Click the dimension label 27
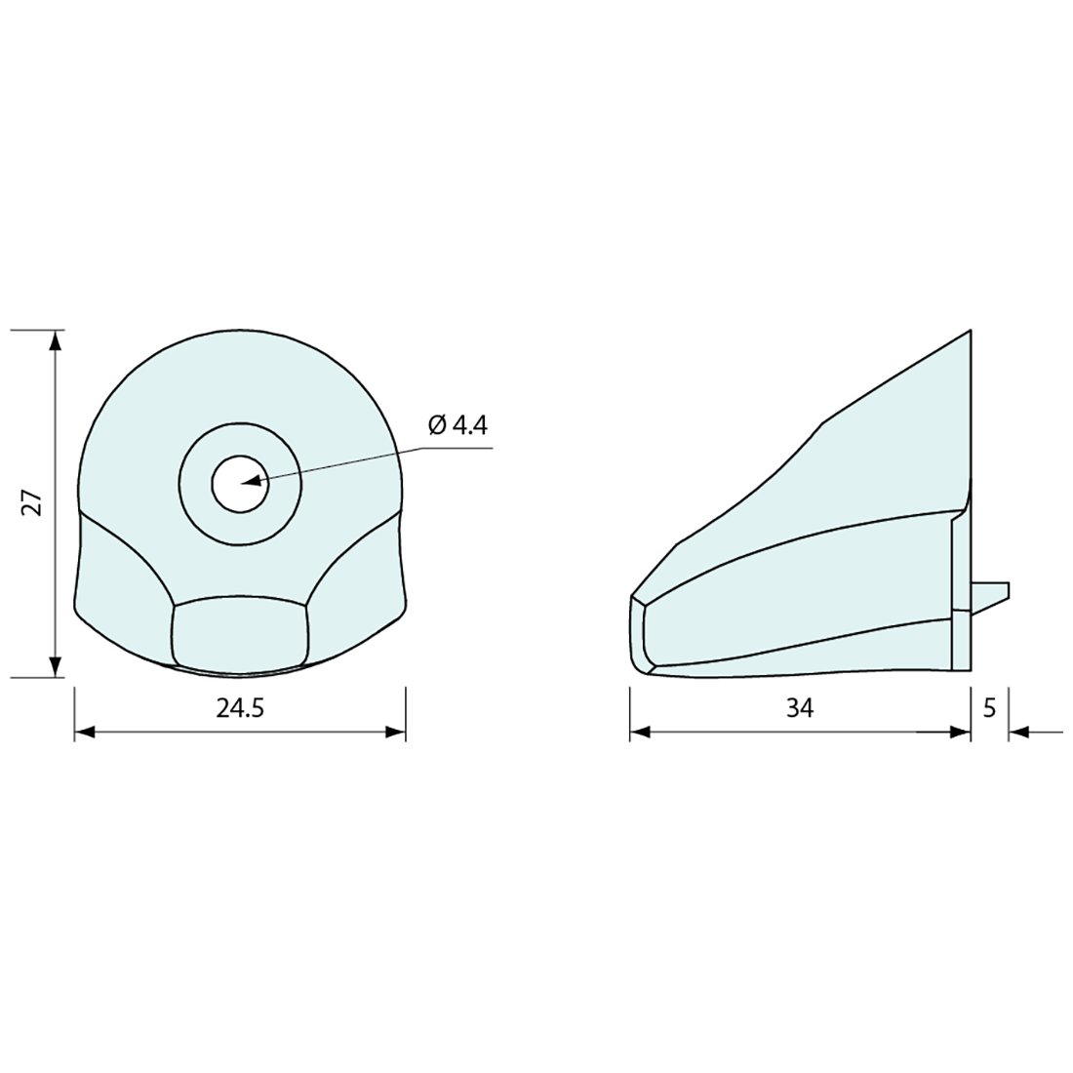point(33,502)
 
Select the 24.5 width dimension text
point(240,709)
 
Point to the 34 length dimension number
point(799,709)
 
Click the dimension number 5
point(989,709)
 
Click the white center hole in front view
point(240,483)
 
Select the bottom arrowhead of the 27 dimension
point(56,666)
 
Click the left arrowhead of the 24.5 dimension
point(85,732)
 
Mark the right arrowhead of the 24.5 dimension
point(395,732)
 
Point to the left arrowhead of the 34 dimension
point(640,732)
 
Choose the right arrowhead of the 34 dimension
point(960,732)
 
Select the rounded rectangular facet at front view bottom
point(240,634)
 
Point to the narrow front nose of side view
point(639,634)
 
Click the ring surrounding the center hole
point(195,483)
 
